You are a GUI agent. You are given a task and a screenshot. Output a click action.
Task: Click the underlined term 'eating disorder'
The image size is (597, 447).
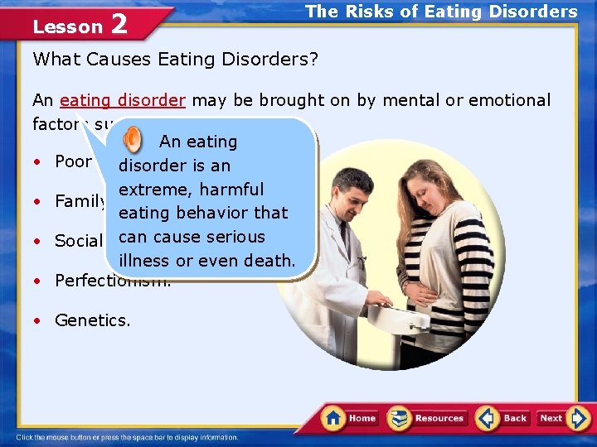click(x=123, y=100)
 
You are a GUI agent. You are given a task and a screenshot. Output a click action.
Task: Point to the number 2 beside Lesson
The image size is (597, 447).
click(x=119, y=25)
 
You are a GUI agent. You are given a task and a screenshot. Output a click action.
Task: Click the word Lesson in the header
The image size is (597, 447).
click(x=67, y=26)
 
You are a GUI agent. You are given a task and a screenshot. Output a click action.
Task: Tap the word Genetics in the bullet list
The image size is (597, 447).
click(x=91, y=320)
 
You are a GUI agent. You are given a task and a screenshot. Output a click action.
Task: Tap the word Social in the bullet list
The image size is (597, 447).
click(x=77, y=241)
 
